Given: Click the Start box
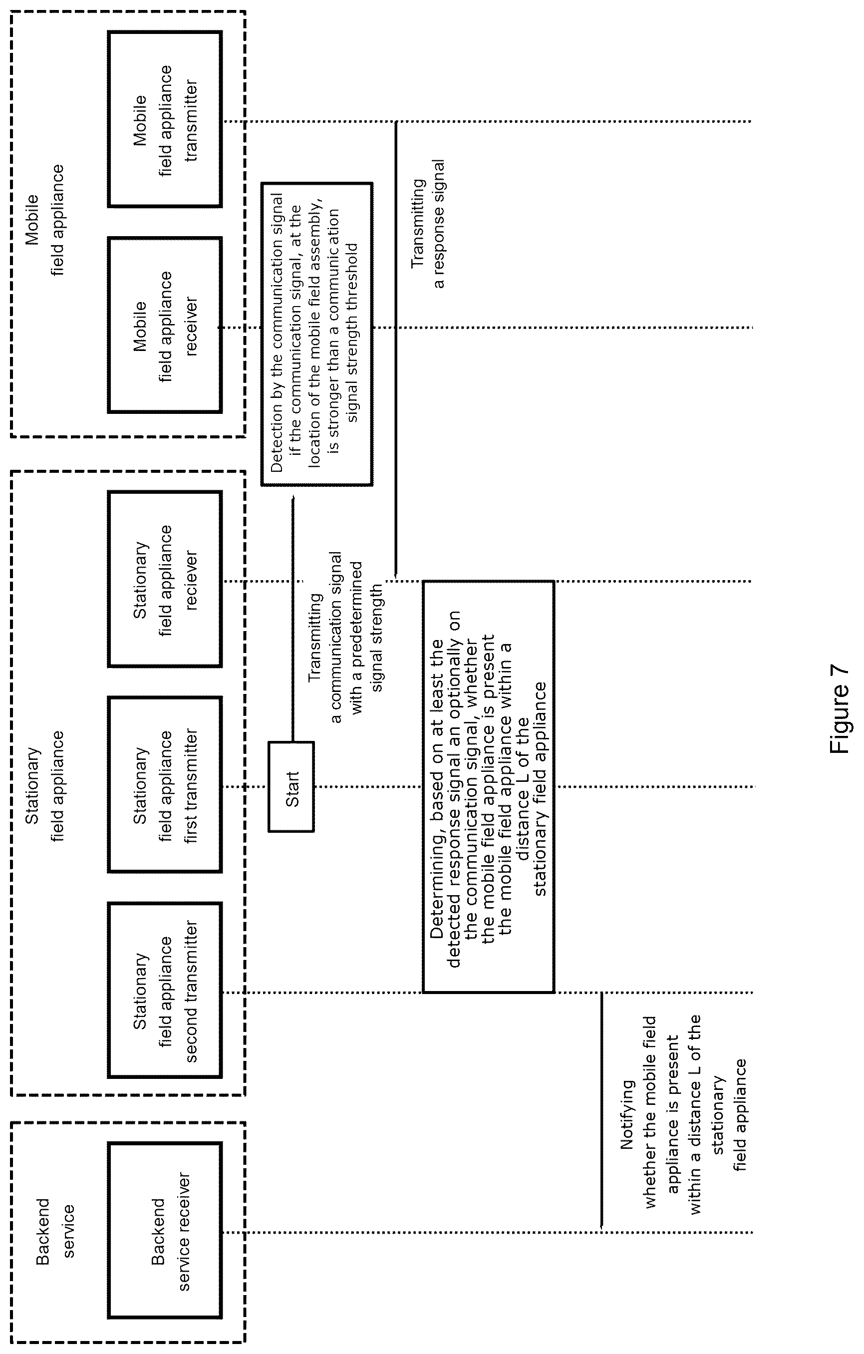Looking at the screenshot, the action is pyautogui.click(x=291, y=786).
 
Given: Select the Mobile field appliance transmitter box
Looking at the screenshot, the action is pyautogui.click(x=165, y=119).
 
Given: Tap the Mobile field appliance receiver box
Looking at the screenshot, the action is pyautogui.click(x=165, y=325).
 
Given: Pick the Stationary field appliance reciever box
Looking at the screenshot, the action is pyautogui.click(x=165, y=579).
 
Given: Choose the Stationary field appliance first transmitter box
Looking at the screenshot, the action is pyautogui.click(x=165, y=784).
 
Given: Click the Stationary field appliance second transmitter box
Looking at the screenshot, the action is pyautogui.click(x=165, y=990).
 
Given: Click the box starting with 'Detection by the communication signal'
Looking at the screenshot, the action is pyautogui.click(x=316, y=334).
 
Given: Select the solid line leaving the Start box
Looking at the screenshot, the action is pyautogui.click(x=292, y=619).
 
